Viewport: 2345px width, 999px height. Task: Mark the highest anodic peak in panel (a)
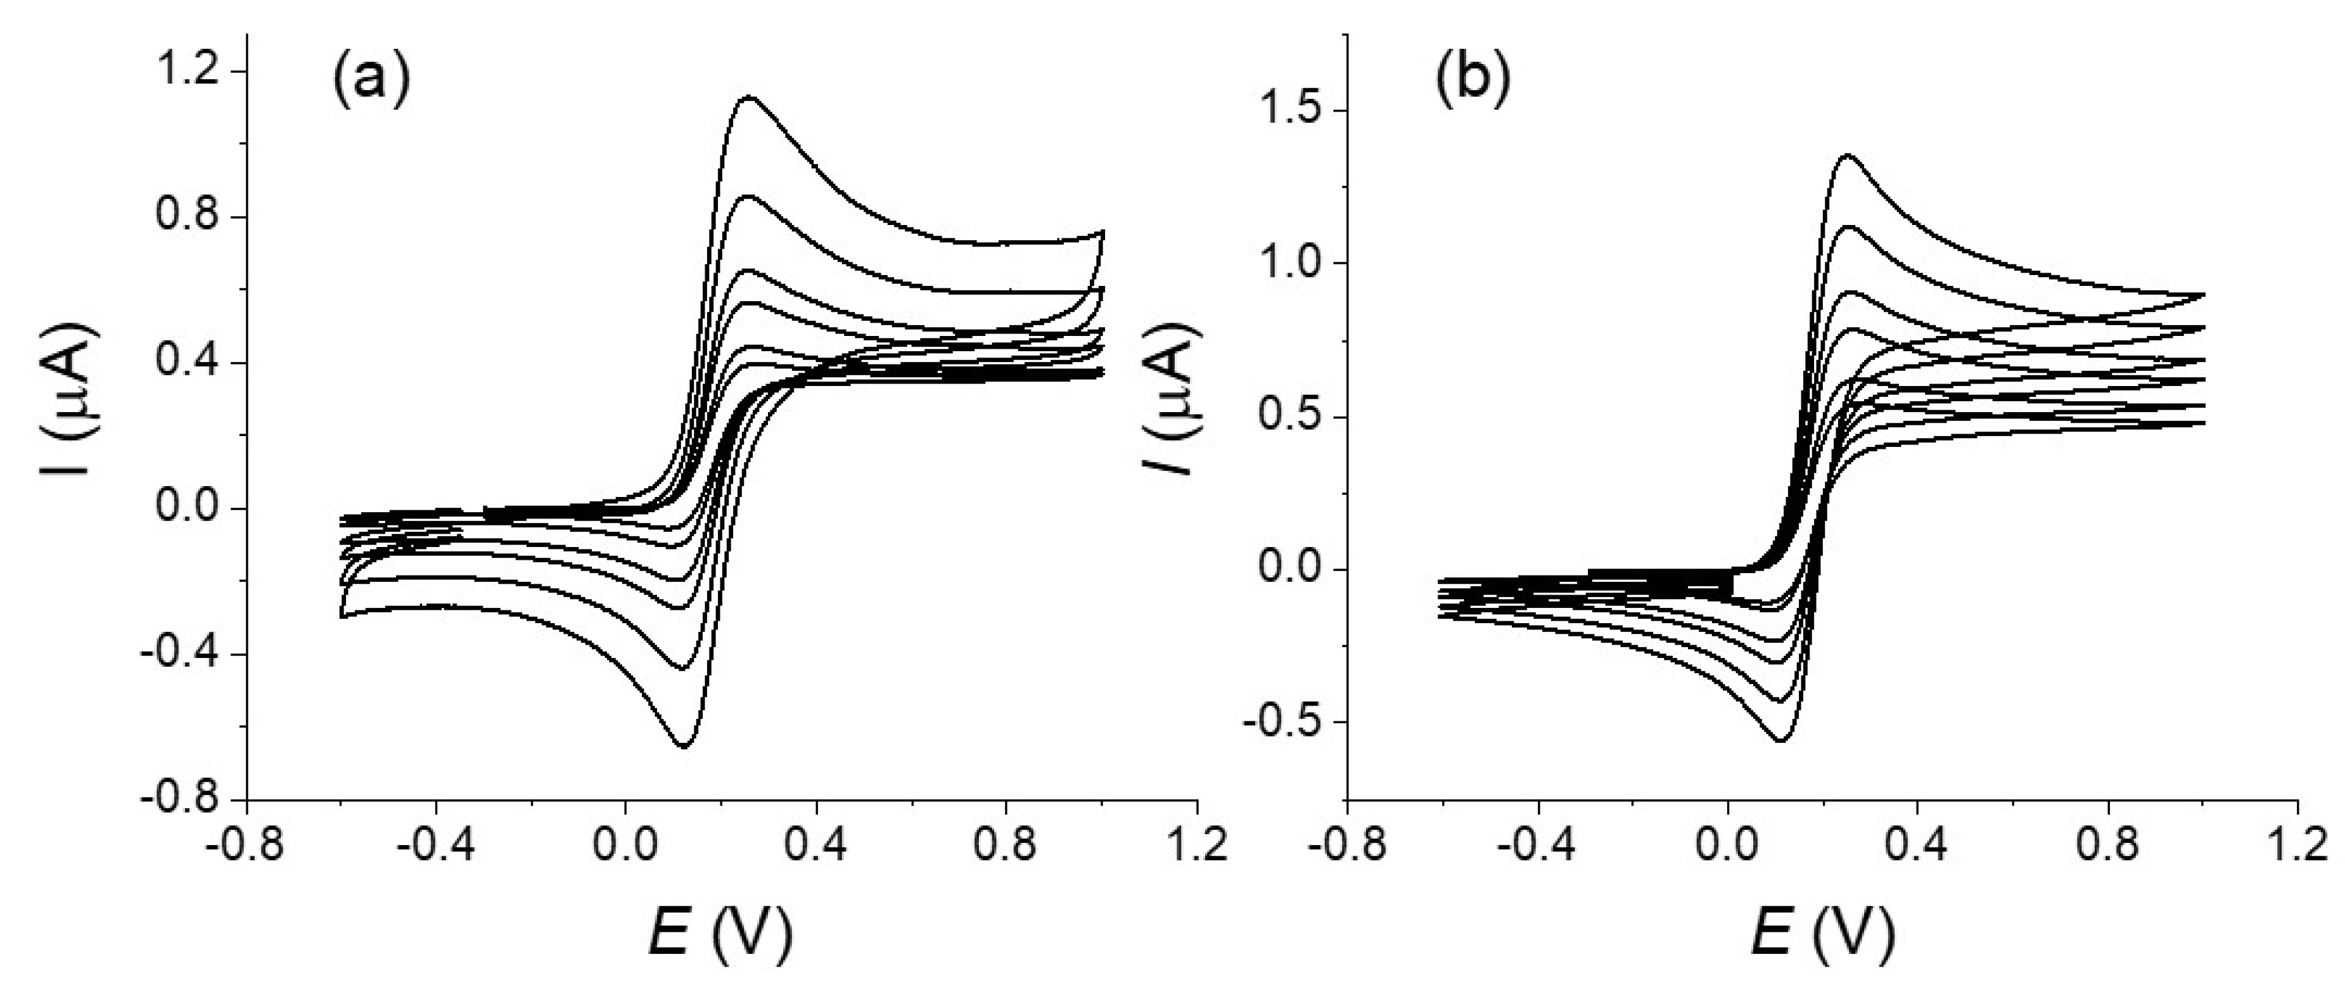749,96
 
